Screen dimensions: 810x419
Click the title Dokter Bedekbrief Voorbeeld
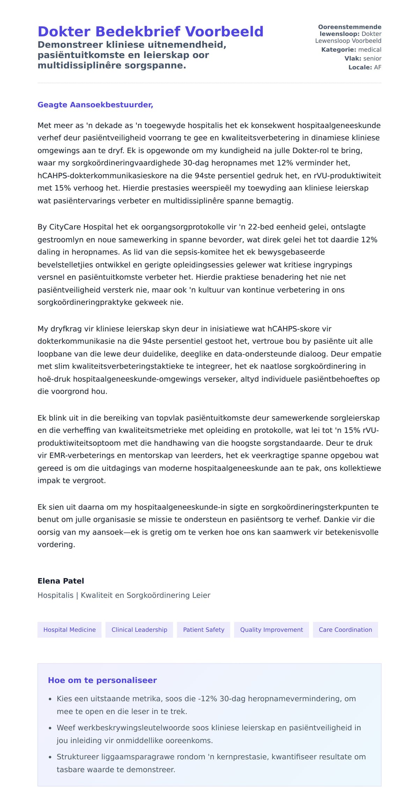150,32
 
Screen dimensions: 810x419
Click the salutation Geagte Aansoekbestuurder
95,105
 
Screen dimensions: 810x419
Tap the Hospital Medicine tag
69,630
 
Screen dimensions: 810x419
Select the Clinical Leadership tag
139,630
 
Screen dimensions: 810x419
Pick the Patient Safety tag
204,630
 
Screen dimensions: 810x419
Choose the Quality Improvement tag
271,630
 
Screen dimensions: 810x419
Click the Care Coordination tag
345,630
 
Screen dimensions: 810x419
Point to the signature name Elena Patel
61,581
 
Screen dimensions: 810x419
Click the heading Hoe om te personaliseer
102,680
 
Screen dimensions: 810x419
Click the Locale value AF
377,67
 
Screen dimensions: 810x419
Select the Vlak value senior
372,59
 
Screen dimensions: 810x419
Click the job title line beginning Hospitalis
124,595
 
